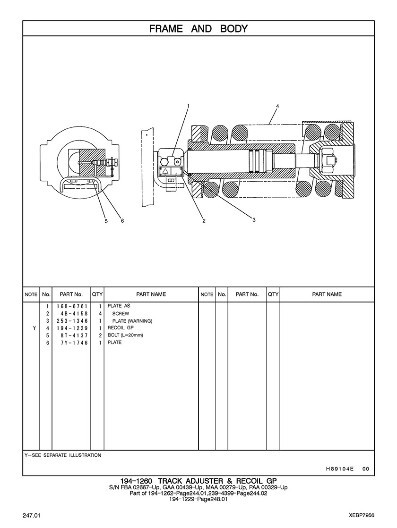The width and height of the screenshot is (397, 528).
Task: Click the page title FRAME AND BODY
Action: coord(198,29)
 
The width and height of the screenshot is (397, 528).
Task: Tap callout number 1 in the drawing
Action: coord(188,106)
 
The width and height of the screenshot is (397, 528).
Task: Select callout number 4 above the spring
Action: coord(277,106)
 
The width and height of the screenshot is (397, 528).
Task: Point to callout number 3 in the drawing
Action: coord(254,219)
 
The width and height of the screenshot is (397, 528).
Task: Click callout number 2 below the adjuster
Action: coord(204,220)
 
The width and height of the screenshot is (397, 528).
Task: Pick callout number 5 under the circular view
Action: coord(106,220)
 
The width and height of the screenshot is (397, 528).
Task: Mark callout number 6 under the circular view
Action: coord(122,220)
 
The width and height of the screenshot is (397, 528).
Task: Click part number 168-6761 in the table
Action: coord(72,306)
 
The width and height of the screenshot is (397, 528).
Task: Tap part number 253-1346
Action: coord(72,321)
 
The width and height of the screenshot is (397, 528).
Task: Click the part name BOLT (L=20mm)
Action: coord(125,335)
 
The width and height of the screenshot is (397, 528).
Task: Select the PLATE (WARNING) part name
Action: coord(132,321)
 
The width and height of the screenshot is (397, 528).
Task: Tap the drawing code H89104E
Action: coord(340,469)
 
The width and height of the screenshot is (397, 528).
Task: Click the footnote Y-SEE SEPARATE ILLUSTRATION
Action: coord(62,455)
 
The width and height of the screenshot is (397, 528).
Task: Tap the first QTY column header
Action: coord(97,294)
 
